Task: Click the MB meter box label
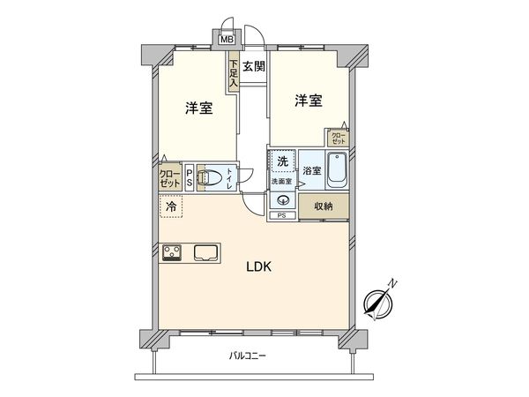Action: pyautogui.click(x=226, y=39)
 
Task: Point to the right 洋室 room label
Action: pyautogui.click(x=308, y=101)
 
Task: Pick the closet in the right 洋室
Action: pyautogui.click(x=338, y=138)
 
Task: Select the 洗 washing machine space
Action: pyautogui.click(x=282, y=161)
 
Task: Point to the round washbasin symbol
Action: pyautogui.click(x=283, y=198)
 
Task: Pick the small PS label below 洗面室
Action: pyautogui.click(x=282, y=215)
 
